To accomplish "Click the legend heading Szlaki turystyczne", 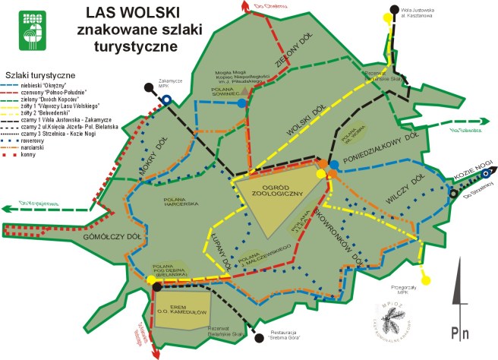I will click(x=39, y=76).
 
